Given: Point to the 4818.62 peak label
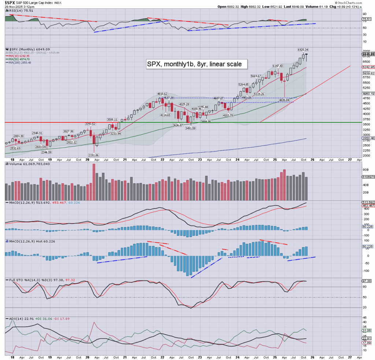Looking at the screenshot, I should tap(162, 94).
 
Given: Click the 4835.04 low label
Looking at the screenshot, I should tap(285, 100).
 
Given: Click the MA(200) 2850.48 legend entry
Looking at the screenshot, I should tap(21, 62).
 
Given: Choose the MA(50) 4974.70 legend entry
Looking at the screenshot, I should tap(20, 59).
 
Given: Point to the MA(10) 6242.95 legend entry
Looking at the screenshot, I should tap(20, 56).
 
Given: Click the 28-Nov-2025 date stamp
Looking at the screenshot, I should tap(17, 7).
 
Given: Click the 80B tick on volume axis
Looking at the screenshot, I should tap(365, 170).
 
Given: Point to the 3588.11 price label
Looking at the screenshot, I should tap(112, 119).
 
